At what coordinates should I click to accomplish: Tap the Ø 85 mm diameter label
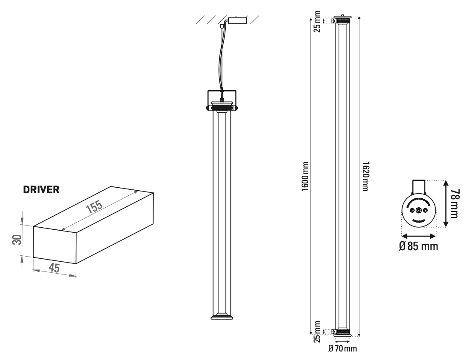click(418, 246)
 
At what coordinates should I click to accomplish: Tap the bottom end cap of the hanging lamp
click(222, 316)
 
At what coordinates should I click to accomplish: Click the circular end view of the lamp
click(418, 211)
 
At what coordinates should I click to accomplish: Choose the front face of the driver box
click(54, 245)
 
